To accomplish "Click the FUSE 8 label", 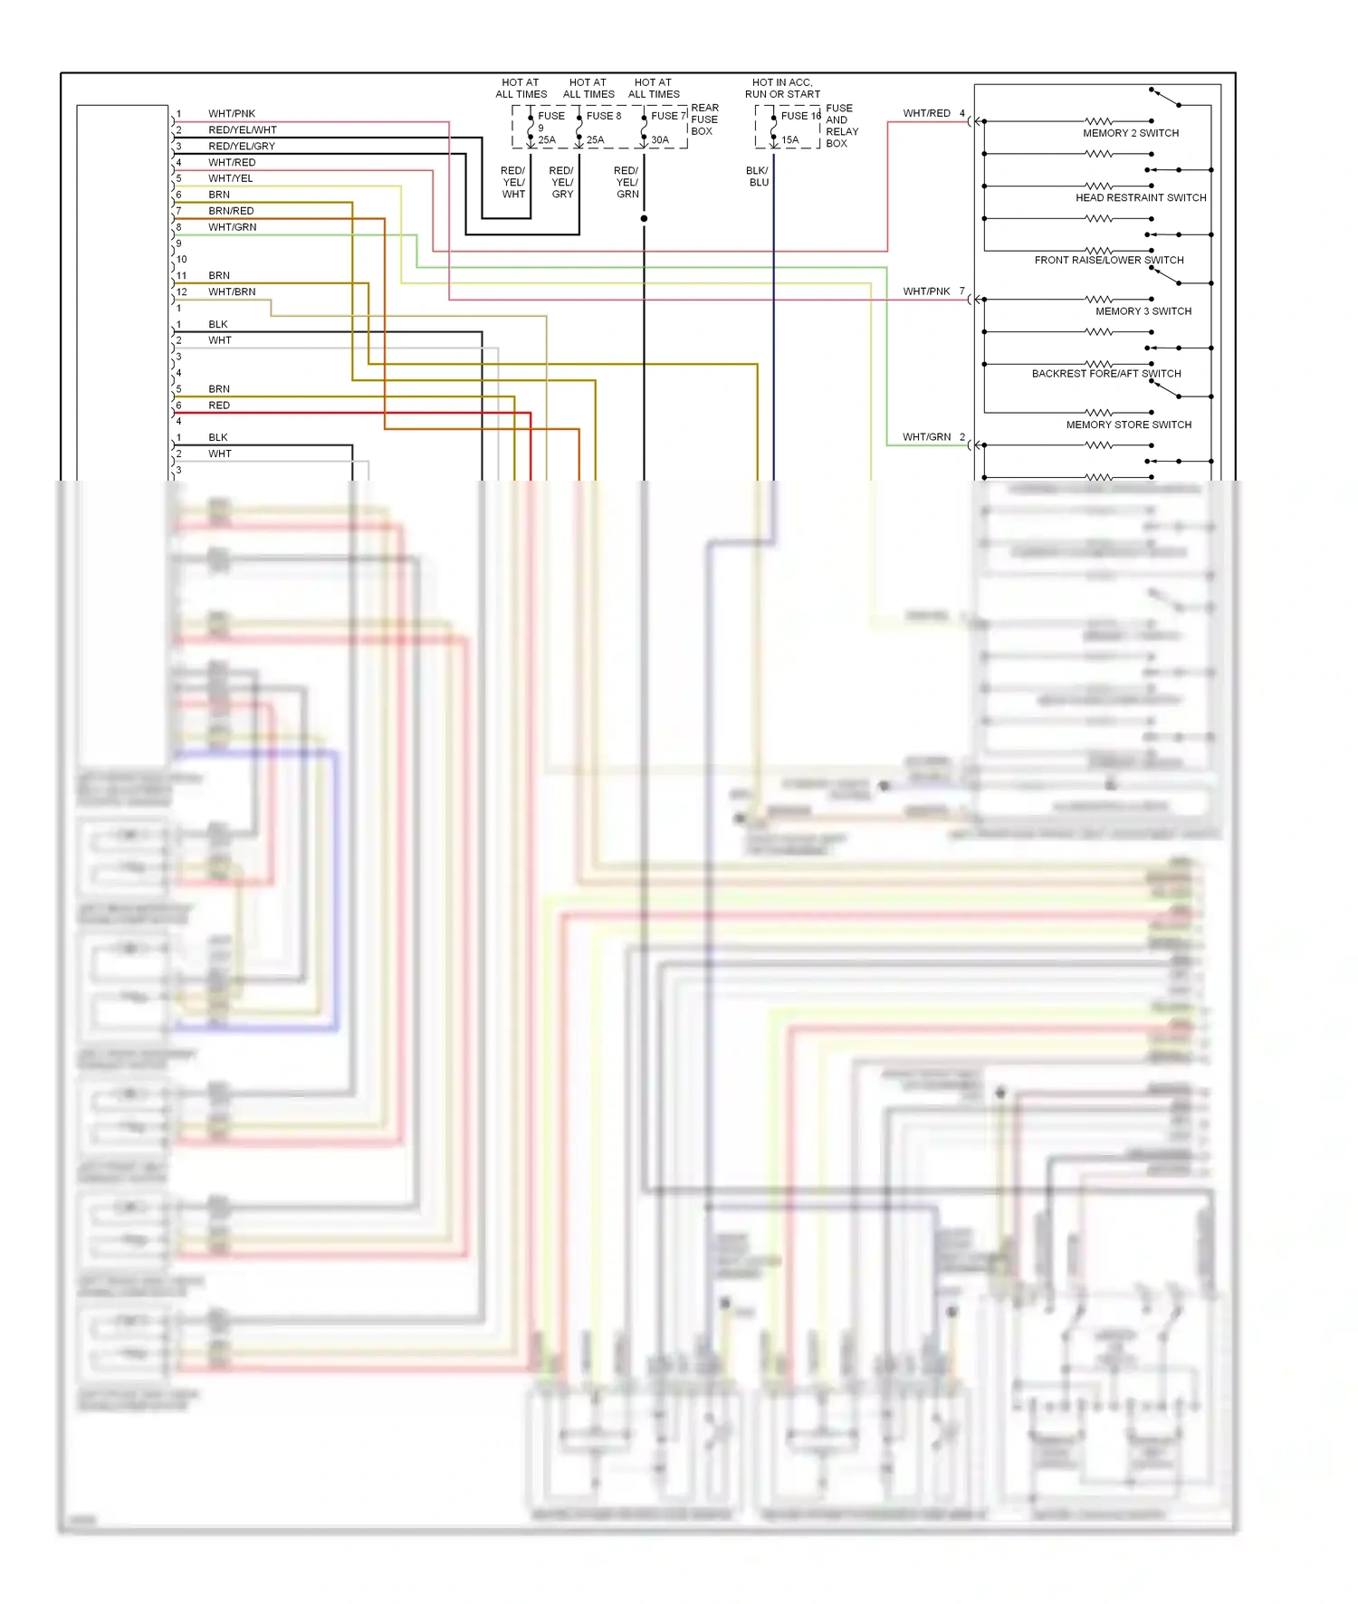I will (603, 116).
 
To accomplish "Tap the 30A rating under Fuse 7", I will (660, 140).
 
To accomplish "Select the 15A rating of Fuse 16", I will (789, 140).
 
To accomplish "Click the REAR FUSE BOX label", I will (704, 119).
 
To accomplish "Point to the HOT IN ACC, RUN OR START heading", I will (782, 88).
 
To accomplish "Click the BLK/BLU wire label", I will (758, 177).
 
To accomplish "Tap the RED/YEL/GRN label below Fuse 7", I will (626, 182).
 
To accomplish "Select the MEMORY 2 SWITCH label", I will (1131, 133).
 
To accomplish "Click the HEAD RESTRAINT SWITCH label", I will (1141, 197).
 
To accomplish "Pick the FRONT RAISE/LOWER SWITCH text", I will (1109, 260).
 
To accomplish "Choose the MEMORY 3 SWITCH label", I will (1143, 311).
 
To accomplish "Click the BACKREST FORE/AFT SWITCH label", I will (1106, 373).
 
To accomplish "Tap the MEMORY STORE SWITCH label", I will (1128, 425).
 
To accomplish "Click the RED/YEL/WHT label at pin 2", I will (243, 130).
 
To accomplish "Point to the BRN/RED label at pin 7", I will (231, 211).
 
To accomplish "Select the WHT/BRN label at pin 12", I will (232, 292).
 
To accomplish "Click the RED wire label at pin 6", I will (219, 406).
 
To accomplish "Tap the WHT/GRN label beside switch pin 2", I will (926, 437).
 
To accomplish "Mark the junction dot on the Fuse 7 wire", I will (644, 219).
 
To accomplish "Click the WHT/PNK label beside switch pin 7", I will (926, 291).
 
